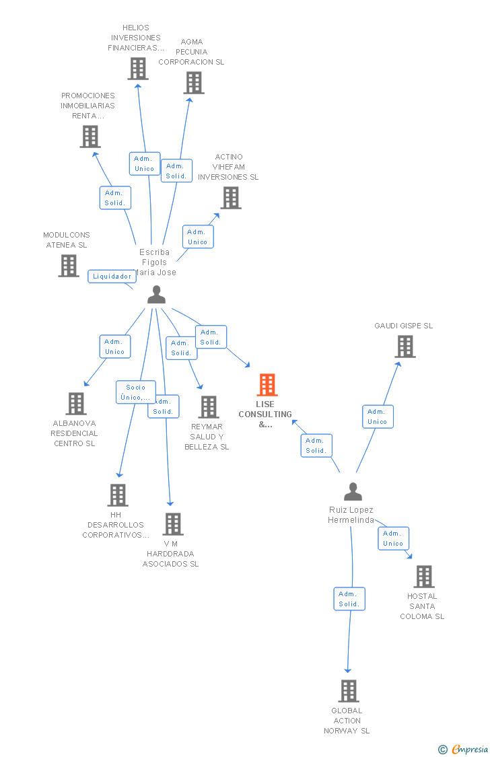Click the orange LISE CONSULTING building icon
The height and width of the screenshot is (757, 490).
(x=267, y=385)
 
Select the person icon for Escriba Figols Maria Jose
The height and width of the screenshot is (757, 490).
(x=156, y=295)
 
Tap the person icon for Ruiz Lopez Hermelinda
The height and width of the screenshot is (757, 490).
(x=353, y=492)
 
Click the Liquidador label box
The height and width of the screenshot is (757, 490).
(x=112, y=276)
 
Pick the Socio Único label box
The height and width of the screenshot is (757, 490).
(x=135, y=392)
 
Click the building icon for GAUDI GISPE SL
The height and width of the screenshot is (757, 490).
(x=405, y=347)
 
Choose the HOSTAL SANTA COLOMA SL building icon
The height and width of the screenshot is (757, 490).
(x=423, y=577)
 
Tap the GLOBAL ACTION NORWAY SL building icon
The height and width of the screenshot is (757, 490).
(x=348, y=691)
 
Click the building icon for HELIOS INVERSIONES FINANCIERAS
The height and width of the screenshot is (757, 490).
(x=137, y=69)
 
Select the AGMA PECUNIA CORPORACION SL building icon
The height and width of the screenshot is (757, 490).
(x=194, y=83)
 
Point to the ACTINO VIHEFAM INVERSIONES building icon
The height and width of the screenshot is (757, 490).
(x=231, y=198)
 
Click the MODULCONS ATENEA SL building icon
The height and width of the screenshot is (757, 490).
(x=69, y=266)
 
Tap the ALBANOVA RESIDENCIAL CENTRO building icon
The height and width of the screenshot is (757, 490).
(x=76, y=404)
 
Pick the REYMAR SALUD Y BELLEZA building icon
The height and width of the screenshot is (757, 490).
(x=209, y=406)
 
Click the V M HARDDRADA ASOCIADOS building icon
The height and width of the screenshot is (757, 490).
(x=173, y=524)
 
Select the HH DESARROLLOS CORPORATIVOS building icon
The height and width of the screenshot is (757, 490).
(x=118, y=495)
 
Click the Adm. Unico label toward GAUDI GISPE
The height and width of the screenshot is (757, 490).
(x=377, y=417)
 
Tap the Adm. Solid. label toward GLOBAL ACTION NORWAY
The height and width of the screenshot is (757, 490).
(x=349, y=599)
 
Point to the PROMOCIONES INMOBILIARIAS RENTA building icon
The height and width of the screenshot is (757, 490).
(x=90, y=137)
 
